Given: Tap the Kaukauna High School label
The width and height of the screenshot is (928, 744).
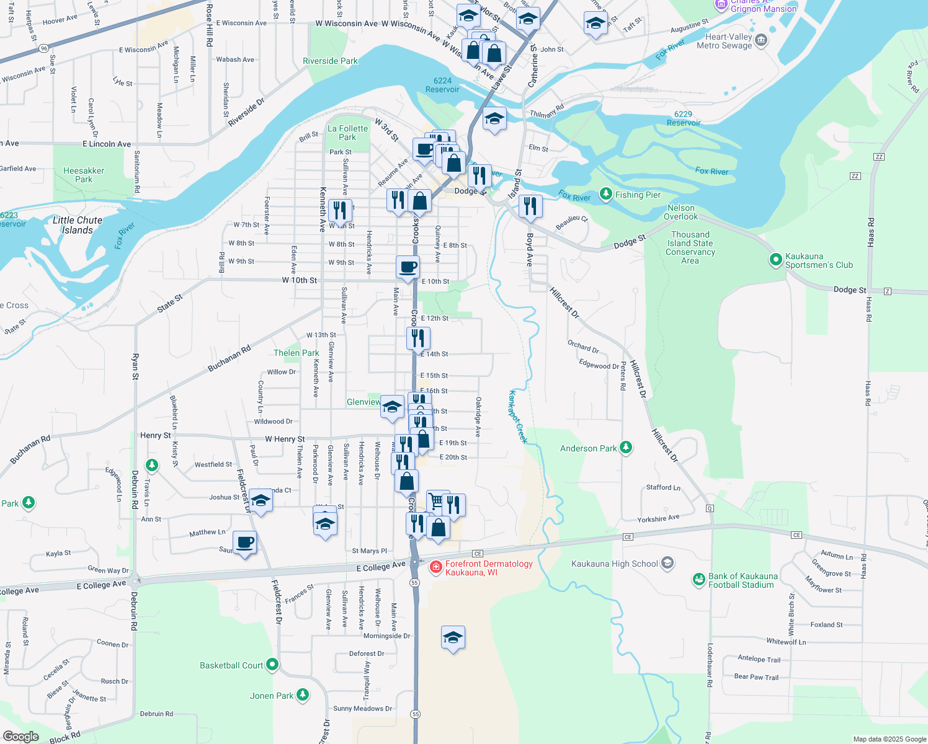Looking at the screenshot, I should pyautogui.click(x=614, y=564).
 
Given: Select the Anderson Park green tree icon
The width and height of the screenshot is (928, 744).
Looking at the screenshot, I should pyautogui.click(x=626, y=448).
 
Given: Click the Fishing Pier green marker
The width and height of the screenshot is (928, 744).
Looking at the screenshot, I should pyautogui.click(x=606, y=195).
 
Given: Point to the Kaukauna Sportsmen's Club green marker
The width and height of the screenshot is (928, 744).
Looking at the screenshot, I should pyautogui.click(x=775, y=260).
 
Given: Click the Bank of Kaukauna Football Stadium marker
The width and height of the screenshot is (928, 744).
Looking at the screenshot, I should pyautogui.click(x=699, y=580).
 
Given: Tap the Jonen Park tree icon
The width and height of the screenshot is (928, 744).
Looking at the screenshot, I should pyautogui.click(x=303, y=695).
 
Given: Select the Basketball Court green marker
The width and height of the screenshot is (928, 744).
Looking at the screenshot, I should pyautogui.click(x=272, y=665).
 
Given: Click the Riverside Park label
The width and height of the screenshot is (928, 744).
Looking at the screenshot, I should pyautogui.click(x=330, y=61).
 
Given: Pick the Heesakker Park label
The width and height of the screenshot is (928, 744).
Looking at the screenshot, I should pyautogui.click(x=84, y=175).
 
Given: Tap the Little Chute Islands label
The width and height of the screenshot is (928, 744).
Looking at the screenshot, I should pyautogui.click(x=77, y=225).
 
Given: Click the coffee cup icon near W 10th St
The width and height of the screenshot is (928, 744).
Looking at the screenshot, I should pyautogui.click(x=408, y=267).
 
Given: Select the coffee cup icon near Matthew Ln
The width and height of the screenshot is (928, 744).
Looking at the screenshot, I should pyautogui.click(x=244, y=542).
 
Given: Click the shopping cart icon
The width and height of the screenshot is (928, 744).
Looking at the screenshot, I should pyautogui.click(x=437, y=501).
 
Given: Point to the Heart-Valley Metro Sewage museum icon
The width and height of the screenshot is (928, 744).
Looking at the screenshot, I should pyautogui.click(x=761, y=41).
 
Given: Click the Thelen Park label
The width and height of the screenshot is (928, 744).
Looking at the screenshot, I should pyautogui.click(x=296, y=353).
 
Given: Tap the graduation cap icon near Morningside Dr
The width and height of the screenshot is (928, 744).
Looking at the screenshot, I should pyautogui.click(x=453, y=637).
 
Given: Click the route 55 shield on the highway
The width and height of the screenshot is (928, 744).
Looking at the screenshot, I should pyautogui.click(x=414, y=582).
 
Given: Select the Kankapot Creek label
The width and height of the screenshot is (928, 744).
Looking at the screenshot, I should pyautogui.click(x=517, y=417).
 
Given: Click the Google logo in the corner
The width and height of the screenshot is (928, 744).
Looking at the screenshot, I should pyautogui.click(x=20, y=736).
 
